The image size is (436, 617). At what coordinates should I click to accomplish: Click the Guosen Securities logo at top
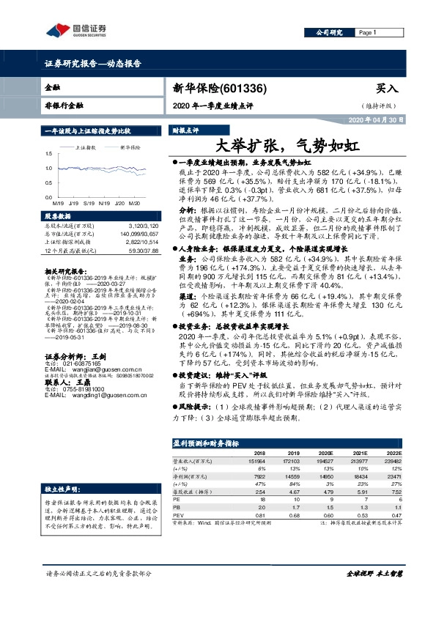76,30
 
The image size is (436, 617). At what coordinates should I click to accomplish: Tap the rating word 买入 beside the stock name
387,88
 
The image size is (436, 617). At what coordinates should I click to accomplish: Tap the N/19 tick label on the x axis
100,202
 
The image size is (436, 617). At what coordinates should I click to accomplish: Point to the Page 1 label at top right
366,33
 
